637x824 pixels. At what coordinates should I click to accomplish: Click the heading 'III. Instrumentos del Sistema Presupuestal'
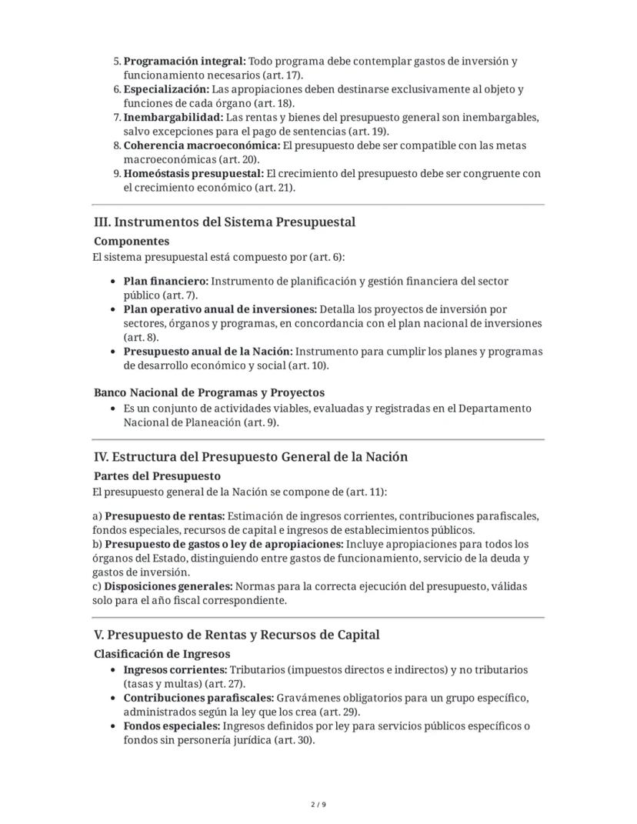click(224, 222)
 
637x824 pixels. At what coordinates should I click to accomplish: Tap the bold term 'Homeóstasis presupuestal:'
click(193, 173)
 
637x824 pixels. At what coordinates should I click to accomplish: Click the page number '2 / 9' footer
click(318, 805)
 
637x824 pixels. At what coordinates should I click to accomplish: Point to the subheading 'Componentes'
click(132, 242)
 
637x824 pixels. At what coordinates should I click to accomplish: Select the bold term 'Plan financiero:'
click(165, 282)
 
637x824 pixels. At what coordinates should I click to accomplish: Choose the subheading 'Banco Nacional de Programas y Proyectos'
click(209, 392)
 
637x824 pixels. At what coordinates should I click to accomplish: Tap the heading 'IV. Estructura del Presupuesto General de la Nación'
click(250, 457)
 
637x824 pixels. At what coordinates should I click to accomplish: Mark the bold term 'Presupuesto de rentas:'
click(164, 515)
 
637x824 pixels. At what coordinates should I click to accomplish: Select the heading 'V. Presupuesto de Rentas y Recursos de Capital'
click(236, 636)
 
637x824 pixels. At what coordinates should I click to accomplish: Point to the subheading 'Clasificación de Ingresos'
click(162, 655)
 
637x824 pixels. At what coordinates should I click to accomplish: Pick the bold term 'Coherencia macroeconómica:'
click(202, 145)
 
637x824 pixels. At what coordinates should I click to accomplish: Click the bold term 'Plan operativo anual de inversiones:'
click(220, 309)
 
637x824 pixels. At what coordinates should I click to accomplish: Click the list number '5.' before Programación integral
click(118, 61)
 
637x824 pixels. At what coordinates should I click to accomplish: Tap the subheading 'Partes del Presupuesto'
click(157, 476)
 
